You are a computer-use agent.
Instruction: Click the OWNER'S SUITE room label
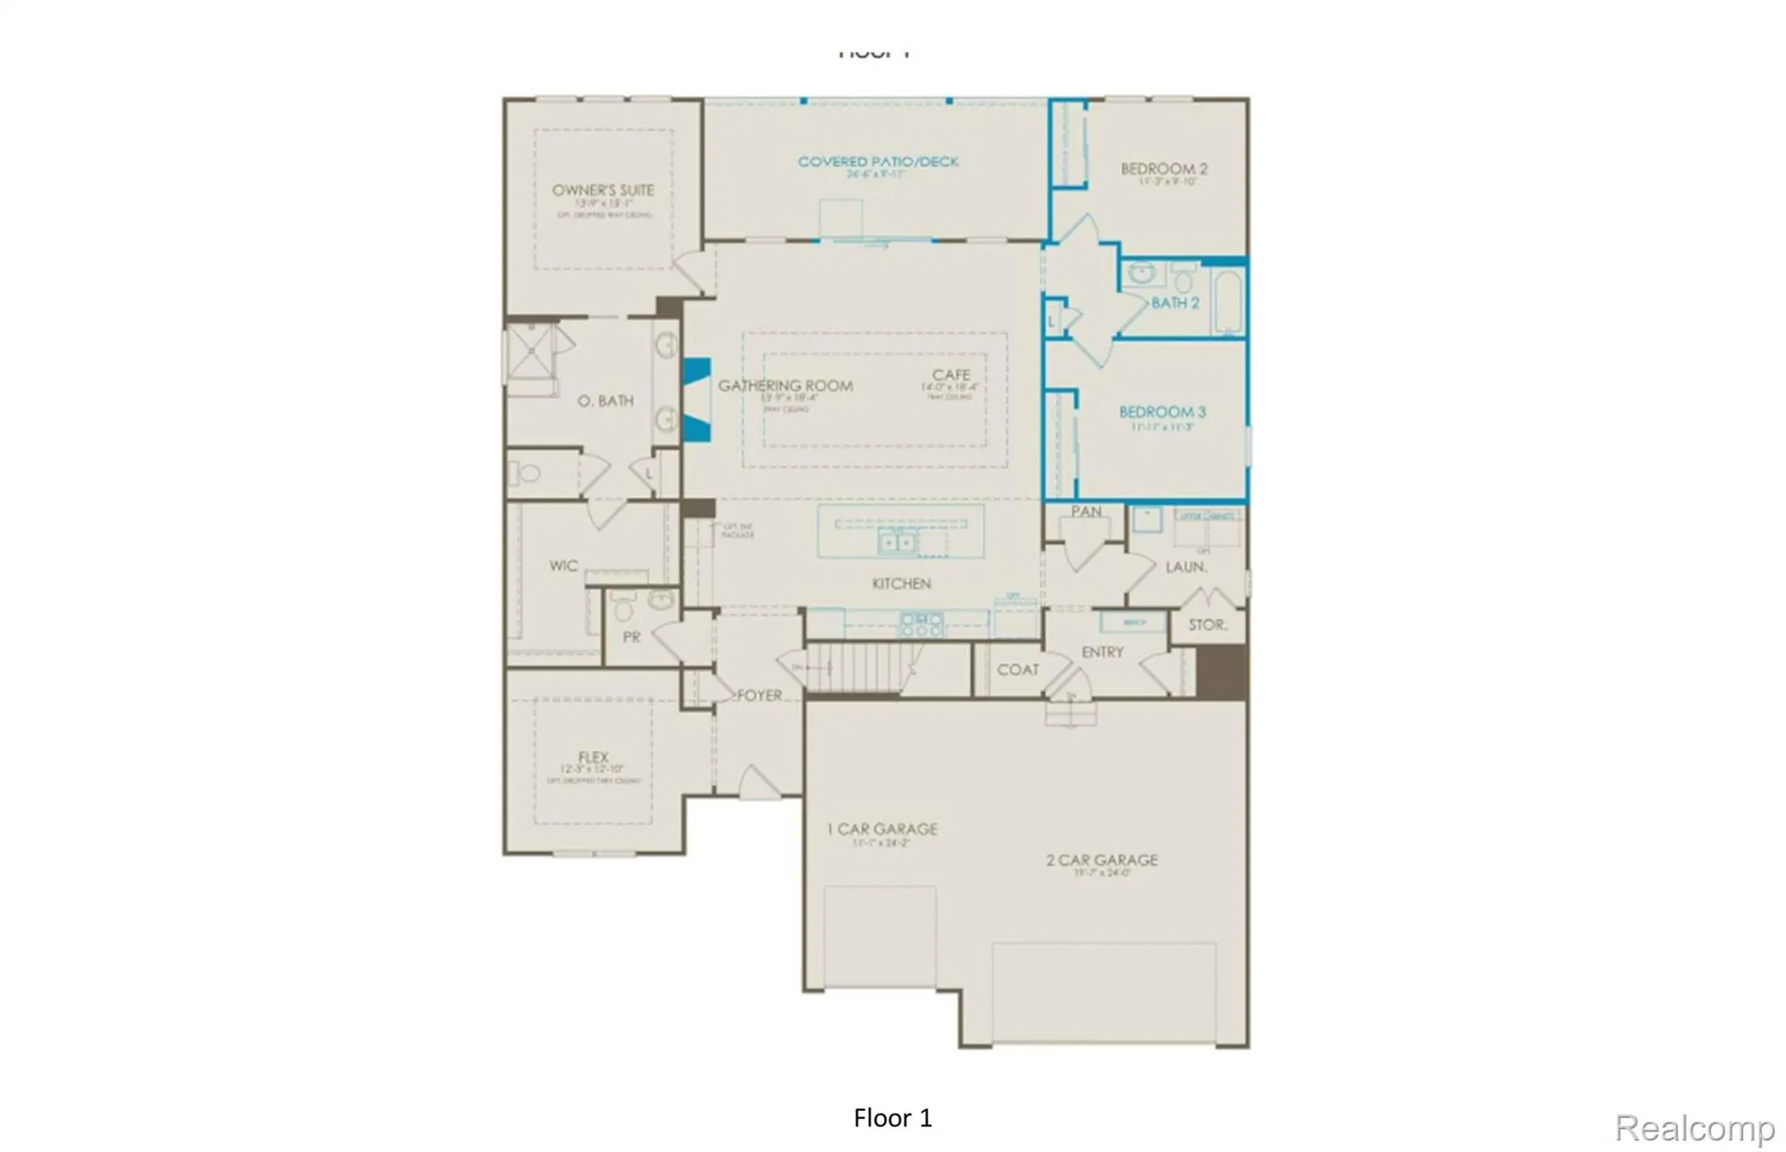click(x=603, y=190)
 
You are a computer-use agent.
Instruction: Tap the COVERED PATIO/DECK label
click(x=878, y=162)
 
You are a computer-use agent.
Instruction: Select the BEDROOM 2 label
click(x=1164, y=169)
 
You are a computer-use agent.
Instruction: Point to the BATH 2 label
click(x=1174, y=303)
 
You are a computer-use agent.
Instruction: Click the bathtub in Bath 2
click(x=1228, y=301)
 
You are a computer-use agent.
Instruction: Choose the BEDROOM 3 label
click(x=1162, y=412)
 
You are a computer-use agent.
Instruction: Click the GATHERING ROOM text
click(x=785, y=386)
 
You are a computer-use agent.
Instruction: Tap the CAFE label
click(x=951, y=375)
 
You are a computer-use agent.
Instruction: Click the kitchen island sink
click(x=897, y=542)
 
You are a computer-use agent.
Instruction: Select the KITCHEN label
click(x=901, y=583)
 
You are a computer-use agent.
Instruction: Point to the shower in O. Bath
click(x=530, y=352)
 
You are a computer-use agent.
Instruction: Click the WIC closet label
click(x=563, y=565)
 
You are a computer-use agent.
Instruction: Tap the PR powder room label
click(x=631, y=637)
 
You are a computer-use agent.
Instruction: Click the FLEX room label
click(x=593, y=756)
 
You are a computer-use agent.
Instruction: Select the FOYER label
click(x=759, y=695)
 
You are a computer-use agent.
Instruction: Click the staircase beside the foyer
click(x=853, y=667)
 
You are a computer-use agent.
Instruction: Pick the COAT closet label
click(x=1017, y=670)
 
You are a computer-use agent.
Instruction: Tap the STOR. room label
click(x=1207, y=625)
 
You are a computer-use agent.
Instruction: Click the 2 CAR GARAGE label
click(x=1102, y=860)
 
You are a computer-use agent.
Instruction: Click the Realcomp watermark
click(x=1693, y=1127)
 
